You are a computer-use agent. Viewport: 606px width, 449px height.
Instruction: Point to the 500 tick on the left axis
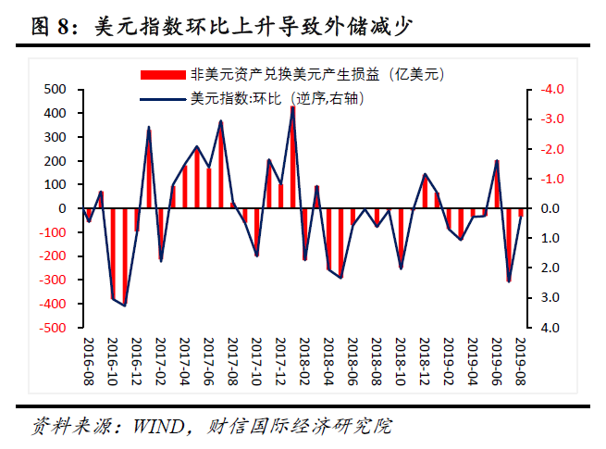56,90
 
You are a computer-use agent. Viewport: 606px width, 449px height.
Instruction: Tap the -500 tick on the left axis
54,328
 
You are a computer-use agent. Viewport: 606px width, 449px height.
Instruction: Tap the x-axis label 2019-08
521,361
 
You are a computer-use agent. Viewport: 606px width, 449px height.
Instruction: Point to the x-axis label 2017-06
208,361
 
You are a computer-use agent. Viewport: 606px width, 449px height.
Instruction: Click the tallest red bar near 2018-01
292,157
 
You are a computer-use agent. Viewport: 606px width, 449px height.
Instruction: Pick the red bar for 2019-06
497,185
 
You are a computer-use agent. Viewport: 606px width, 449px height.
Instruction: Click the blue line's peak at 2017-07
220,121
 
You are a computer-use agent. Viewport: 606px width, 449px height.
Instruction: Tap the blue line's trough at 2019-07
509,281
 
